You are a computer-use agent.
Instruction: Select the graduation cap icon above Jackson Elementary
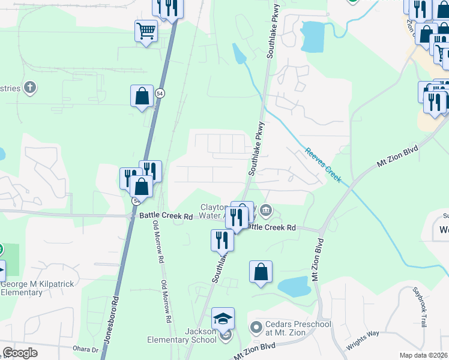223,319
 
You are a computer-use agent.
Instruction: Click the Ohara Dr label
86,349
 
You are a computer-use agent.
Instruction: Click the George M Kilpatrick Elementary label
30,289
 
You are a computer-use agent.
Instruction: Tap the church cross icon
31,89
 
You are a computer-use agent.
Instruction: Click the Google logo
20,353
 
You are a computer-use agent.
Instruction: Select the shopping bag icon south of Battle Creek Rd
261,272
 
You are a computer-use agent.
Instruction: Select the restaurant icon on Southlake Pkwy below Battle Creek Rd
222,240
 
